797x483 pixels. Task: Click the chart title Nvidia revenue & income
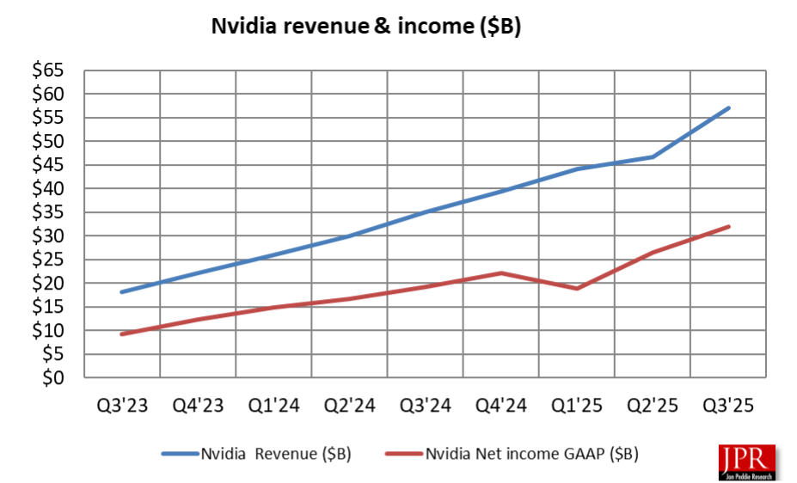click(367, 27)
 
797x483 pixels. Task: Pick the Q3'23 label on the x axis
click(122, 407)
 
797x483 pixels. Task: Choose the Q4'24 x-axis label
click(502, 407)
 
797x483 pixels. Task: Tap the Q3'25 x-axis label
click(729, 407)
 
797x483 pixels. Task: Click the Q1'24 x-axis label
click(274, 407)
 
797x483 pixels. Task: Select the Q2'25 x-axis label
click(653, 407)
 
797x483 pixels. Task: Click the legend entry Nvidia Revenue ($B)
click(275, 452)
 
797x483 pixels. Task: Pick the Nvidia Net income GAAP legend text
click(532, 452)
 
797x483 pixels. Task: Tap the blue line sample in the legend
click(179, 452)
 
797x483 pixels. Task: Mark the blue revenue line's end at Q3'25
click(729, 108)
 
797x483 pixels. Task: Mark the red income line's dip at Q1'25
click(578, 288)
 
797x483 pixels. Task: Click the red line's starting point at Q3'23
click(122, 334)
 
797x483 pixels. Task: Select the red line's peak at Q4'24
click(502, 272)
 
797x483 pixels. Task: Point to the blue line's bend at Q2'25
click(653, 156)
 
